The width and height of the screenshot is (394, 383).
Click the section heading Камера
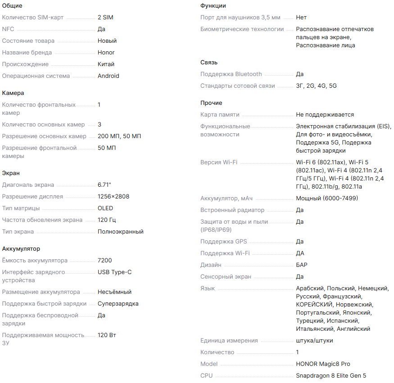(x=13, y=93)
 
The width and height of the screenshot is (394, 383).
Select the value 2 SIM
(x=105, y=18)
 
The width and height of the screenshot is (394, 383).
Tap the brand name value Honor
(x=106, y=53)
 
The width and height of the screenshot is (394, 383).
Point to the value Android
(x=109, y=76)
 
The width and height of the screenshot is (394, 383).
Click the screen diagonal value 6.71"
(x=104, y=185)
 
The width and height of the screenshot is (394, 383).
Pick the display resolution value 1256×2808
(x=113, y=197)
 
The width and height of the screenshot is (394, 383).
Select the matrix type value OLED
(x=105, y=208)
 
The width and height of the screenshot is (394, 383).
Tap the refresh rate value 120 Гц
(x=107, y=220)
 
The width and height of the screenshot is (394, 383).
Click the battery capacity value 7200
(x=105, y=261)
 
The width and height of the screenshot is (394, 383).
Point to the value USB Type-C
(x=115, y=272)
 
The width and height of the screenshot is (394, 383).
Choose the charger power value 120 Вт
(x=107, y=335)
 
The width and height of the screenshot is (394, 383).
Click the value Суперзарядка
(x=118, y=304)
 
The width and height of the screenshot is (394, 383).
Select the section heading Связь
(x=209, y=63)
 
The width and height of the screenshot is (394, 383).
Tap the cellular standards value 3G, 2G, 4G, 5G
(x=316, y=86)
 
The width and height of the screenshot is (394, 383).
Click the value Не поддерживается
(x=325, y=115)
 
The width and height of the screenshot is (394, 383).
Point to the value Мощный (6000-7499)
(x=327, y=198)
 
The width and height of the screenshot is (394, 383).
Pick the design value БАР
(x=302, y=265)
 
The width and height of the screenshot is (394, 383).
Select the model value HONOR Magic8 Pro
(x=323, y=364)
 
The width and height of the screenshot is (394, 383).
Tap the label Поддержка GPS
(x=224, y=242)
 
